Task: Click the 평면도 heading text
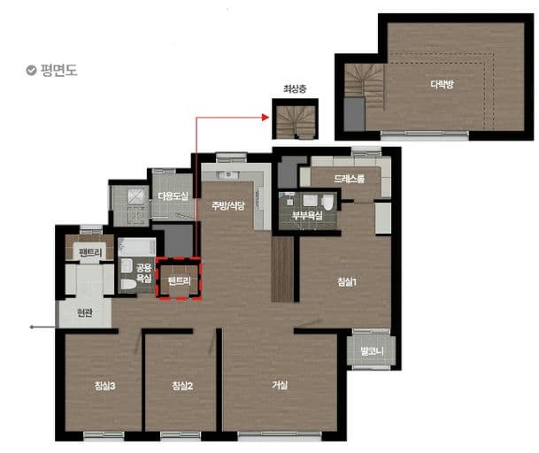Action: pyautogui.click(x=58, y=70)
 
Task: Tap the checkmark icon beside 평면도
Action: pyautogui.click(x=31, y=70)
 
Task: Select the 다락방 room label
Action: pyautogui.click(x=442, y=83)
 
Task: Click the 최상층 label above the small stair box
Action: pyautogui.click(x=295, y=89)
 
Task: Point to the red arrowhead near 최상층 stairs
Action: pyautogui.click(x=265, y=117)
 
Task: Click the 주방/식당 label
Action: pyautogui.click(x=228, y=205)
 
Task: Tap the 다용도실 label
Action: pyautogui.click(x=173, y=196)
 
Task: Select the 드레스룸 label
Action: pyautogui.click(x=349, y=179)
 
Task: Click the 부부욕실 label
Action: pyautogui.click(x=307, y=216)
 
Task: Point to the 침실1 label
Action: pyautogui.click(x=347, y=282)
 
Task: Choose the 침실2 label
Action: pyautogui.click(x=182, y=386)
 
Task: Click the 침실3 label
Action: pyautogui.click(x=104, y=386)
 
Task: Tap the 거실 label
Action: pyautogui.click(x=280, y=385)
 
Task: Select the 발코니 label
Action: pyautogui.click(x=372, y=351)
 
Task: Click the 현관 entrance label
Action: pyautogui.click(x=85, y=313)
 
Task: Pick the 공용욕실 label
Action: pyautogui.click(x=144, y=273)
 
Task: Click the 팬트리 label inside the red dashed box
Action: pyautogui.click(x=179, y=281)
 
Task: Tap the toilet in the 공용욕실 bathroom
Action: pyautogui.click(x=128, y=284)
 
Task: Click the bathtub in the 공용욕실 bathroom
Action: pyautogui.click(x=137, y=247)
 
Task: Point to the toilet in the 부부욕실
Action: pyautogui.click(x=328, y=203)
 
